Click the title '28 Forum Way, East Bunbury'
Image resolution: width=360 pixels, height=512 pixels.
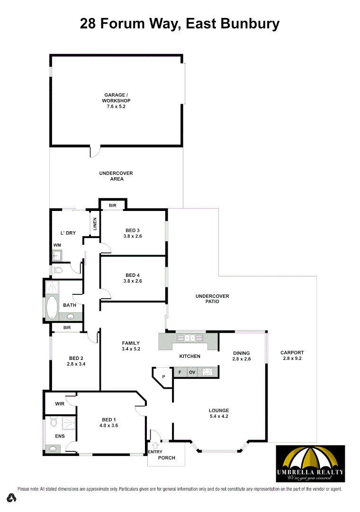[180, 23]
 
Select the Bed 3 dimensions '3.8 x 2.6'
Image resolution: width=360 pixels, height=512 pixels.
[133, 236]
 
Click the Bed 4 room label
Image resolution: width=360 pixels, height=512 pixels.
[133, 275]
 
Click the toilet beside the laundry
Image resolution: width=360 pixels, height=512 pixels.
[57, 270]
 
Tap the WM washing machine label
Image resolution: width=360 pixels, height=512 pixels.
[57, 245]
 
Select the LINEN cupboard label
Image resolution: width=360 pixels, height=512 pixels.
[95, 223]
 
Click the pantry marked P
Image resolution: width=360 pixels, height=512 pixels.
[163, 377]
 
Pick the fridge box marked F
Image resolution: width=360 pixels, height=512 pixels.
[180, 373]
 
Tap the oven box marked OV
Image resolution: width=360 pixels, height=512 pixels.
[192, 373]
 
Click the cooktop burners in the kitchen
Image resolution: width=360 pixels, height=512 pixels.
[207, 373]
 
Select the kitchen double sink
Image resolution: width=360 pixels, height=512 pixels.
[189, 338]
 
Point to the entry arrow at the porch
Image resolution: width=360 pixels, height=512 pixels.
[154, 445]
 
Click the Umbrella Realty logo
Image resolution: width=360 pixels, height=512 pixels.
[310, 463]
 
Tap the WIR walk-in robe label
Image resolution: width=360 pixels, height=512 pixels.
[60, 404]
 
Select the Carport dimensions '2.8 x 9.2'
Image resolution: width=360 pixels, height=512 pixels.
[292, 358]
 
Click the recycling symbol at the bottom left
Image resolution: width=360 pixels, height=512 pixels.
[11, 498]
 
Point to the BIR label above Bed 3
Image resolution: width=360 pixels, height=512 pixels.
[113, 206]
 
